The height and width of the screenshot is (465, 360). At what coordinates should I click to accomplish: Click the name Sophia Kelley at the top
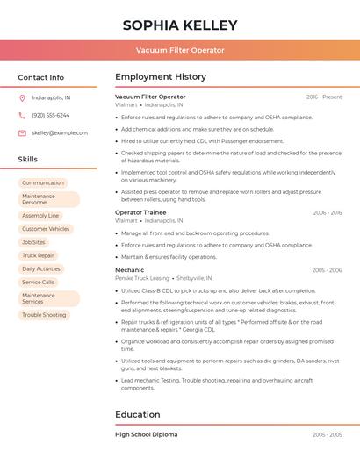pyautogui.click(x=179, y=24)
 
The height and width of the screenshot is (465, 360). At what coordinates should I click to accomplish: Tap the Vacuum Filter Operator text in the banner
pyautogui.click(x=179, y=51)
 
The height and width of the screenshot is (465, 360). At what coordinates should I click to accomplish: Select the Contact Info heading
pyautogui.click(x=41, y=77)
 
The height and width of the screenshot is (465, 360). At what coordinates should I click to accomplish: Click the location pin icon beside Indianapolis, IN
pyautogui.click(x=22, y=98)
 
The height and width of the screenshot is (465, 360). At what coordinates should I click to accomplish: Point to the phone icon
pyautogui.click(x=22, y=116)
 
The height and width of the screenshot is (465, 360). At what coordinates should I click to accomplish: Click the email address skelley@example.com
pyautogui.click(x=60, y=133)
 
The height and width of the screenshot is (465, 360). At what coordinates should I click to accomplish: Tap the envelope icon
pyautogui.click(x=22, y=133)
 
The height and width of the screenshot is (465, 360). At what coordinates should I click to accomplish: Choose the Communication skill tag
pyautogui.click(x=43, y=182)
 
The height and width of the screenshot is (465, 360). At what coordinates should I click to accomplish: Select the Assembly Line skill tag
pyautogui.click(x=40, y=215)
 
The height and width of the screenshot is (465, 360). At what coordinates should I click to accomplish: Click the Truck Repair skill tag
pyautogui.click(x=38, y=255)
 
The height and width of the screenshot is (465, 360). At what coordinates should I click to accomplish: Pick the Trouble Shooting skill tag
pyautogui.click(x=44, y=315)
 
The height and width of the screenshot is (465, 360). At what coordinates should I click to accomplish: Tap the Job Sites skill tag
pyautogui.click(x=33, y=242)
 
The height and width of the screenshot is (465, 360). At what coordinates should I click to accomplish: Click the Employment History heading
pyautogui.click(x=161, y=77)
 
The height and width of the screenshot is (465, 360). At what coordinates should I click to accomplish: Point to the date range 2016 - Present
pyautogui.click(x=324, y=97)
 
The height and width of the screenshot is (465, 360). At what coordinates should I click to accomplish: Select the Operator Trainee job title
pyautogui.click(x=140, y=212)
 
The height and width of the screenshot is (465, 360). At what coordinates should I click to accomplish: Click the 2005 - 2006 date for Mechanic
pyautogui.click(x=327, y=270)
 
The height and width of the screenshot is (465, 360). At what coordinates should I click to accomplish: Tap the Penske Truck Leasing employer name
pyautogui.click(x=142, y=278)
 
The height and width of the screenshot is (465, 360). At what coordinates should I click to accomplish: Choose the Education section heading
pyautogui.click(x=138, y=414)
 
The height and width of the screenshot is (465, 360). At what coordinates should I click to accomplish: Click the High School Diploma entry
pyautogui.click(x=146, y=434)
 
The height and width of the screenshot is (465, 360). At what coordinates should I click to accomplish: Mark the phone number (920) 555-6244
pyautogui.click(x=51, y=116)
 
